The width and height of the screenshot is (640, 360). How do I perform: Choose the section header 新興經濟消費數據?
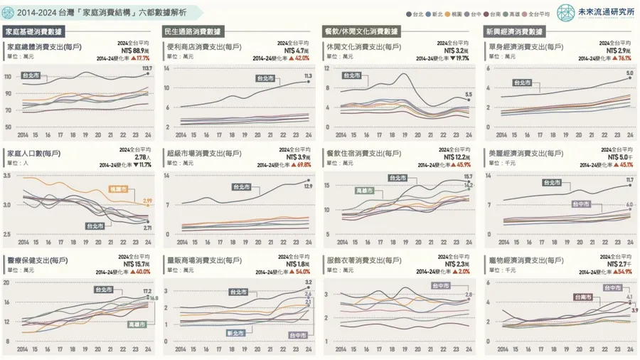click(x=513, y=31)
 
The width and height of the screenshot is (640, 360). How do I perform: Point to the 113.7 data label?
click(x=147, y=68)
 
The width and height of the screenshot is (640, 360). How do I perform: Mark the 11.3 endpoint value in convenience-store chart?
click(x=308, y=75)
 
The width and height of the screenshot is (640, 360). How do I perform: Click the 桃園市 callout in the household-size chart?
click(x=118, y=189)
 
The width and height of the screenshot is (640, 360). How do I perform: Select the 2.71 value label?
click(x=147, y=228)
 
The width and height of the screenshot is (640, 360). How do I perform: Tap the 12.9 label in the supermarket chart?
click(x=308, y=186)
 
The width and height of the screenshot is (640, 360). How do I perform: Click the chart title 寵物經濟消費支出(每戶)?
click(x=526, y=260)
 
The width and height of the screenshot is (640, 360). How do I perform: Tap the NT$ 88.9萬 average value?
click(x=135, y=51)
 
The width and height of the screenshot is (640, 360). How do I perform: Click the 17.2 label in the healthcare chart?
click(x=147, y=292)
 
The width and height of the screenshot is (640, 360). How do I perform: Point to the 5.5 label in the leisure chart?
click(x=468, y=95)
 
